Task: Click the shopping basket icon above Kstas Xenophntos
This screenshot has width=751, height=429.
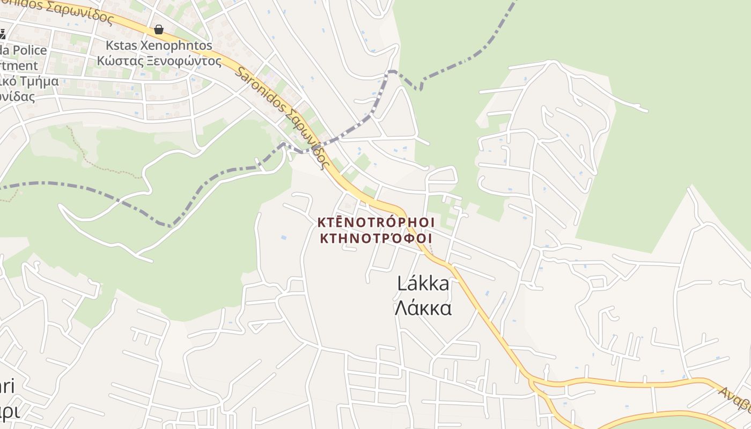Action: (158, 29)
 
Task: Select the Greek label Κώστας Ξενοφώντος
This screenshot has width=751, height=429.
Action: (159, 61)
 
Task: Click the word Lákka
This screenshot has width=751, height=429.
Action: (423, 283)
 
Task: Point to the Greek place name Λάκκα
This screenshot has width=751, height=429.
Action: (423, 308)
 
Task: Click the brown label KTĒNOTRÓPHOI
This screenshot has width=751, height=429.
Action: (376, 222)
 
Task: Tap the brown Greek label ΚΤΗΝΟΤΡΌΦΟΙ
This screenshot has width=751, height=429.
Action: (376, 238)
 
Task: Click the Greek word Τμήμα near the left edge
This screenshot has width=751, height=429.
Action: (39, 82)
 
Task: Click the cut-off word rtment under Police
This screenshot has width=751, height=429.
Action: (19, 66)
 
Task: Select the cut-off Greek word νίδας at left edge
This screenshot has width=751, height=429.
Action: (17, 97)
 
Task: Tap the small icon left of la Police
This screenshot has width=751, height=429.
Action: (2, 35)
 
